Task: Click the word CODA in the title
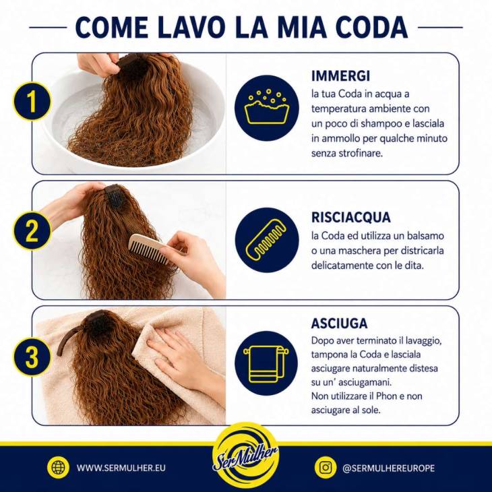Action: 371,27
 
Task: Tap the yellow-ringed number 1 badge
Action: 32,102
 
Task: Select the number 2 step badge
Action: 32,231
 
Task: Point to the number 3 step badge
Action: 32,357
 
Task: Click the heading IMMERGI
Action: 341,76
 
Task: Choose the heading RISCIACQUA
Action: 350,217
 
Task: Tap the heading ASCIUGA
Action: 339,324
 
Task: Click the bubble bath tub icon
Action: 267,107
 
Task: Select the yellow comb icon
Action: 267,239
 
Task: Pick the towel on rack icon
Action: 266,364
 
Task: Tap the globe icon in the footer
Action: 58,468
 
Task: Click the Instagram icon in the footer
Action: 326,468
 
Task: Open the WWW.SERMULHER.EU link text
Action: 121,468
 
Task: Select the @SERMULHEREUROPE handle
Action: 388,468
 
